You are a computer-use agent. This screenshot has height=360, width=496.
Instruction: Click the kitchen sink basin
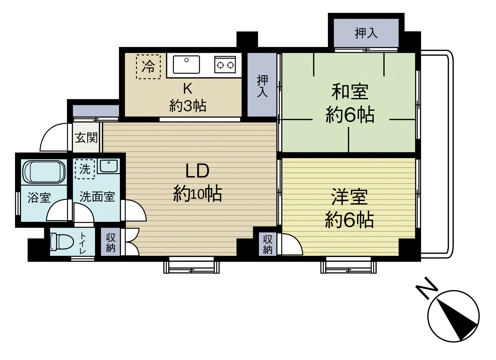[x=186, y=64]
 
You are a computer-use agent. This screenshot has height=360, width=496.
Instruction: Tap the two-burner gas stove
[x=225, y=65]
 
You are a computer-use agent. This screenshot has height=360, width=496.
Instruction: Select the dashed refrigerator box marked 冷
[x=148, y=66]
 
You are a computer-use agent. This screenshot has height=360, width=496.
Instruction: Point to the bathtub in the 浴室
[x=44, y=172]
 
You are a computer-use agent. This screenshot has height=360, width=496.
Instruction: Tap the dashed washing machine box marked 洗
[x=85, y=169]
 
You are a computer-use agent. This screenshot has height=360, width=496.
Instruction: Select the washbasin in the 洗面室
[x=108, y=166]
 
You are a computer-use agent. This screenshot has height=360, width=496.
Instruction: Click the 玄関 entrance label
[x=86, y=138]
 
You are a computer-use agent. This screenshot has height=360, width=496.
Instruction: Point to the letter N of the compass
[x=427, y=288]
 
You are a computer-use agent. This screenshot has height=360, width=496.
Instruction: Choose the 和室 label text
[x=350, y=92]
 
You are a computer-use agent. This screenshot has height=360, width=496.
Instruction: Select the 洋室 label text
[x=349, y=197]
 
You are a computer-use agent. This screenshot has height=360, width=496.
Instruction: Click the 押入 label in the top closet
[x=366, y=33]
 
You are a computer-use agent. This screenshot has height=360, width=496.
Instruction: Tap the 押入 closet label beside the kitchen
[x=262, y=86]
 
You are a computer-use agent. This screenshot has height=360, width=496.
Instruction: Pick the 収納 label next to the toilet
[x=111, y=242]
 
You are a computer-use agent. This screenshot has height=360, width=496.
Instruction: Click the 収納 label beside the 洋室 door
[x=268, y=244]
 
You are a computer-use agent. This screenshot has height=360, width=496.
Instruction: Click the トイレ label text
[x=83, y=243]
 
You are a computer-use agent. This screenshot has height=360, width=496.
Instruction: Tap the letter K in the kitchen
[x=188, y=89]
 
